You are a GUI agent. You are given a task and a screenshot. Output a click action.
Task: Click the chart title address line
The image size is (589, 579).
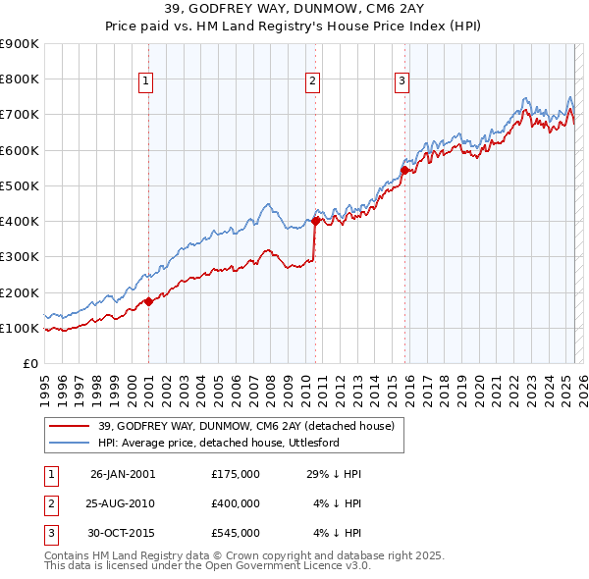[x=294, y=9]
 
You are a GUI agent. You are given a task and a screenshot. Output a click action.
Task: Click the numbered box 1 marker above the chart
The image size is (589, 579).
[x=145, y=81]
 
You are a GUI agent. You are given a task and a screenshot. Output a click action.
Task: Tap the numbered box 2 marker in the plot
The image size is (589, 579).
[x=312, y=81]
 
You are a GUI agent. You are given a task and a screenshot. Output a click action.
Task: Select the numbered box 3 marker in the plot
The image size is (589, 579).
[x=402, y=81]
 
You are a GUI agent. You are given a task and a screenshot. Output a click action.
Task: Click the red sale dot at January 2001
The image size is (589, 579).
[x=148, y=301]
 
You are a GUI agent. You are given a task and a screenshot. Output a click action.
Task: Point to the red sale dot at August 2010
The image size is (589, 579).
[x=315, y=221]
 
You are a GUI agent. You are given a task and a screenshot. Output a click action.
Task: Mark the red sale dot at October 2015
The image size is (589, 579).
[x=404, y=170]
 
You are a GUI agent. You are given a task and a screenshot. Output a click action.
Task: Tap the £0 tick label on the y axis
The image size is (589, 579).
[x=31, y=363]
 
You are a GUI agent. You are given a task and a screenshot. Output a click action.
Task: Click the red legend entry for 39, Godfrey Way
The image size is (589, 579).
[x=246, y=426]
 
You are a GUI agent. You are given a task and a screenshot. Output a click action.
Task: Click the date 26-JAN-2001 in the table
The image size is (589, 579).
[x=123, y=474]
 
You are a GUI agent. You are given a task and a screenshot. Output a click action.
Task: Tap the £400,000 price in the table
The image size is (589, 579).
[x=236, y=503]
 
